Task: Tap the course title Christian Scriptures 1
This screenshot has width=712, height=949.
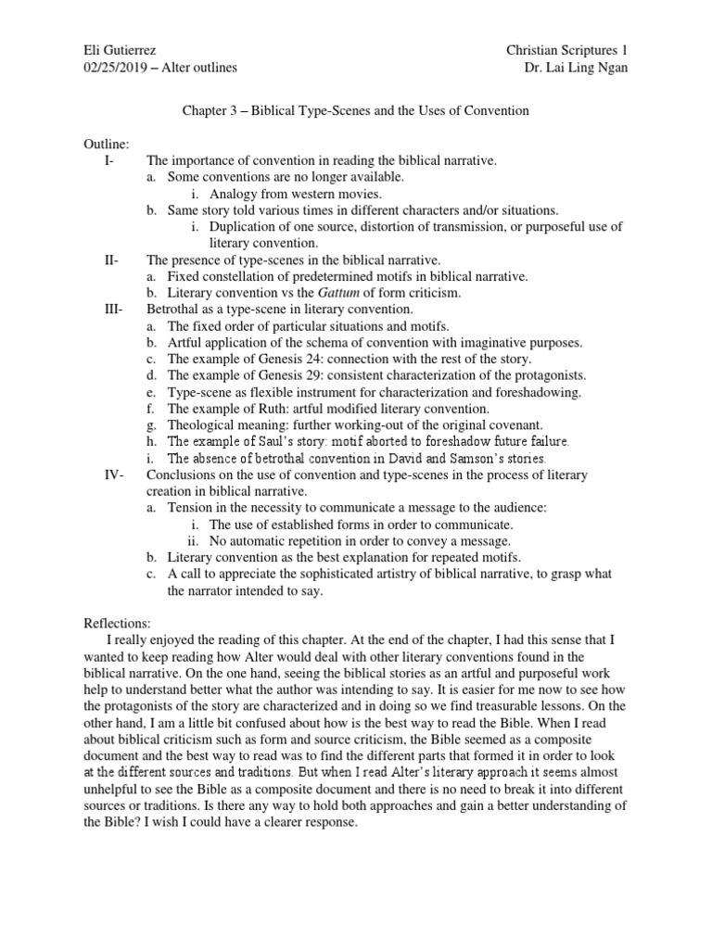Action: [566, 48]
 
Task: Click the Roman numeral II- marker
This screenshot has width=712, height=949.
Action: [112, 259]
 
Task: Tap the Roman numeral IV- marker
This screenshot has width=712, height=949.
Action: [115, 474]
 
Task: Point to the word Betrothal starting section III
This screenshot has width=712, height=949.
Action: [174, 310]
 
